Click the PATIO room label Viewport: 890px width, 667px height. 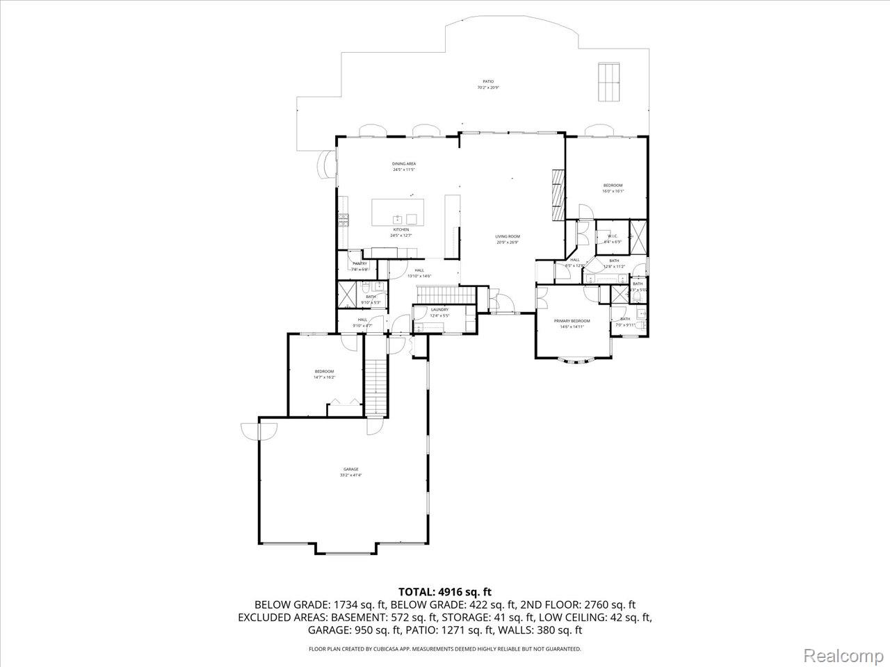pos(488,81)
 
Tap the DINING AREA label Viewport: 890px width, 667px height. pos(403,163)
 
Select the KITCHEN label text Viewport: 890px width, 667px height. pos(401,229)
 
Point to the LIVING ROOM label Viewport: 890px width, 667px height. pos(508,236)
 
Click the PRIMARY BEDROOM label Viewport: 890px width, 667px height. pos(572,321)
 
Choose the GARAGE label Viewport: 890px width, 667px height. pos(350,469)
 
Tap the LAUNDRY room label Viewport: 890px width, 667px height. pos(439,309)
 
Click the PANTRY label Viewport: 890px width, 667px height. pos(359,263)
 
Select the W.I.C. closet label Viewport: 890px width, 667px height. pos(613,236)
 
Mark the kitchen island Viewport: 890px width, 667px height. pos(398,212)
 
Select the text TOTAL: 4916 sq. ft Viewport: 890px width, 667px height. pos(444,592)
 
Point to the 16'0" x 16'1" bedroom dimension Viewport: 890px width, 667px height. pos(613,191)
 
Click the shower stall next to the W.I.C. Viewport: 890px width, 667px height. pos(638,237)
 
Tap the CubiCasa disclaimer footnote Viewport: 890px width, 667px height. pos(444,649)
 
